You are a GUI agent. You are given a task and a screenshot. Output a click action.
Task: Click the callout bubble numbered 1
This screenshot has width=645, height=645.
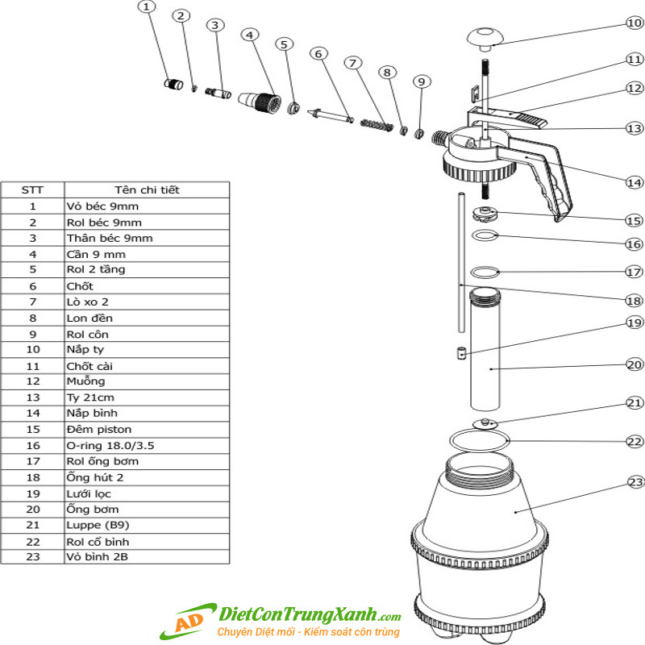(147, 7)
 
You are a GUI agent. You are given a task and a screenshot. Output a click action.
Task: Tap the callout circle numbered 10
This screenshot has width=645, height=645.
(635, 23)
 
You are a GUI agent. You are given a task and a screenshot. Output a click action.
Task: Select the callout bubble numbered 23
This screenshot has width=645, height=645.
(636, 481)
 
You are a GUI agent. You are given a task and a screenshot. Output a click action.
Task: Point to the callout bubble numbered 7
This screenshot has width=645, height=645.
(353, 63)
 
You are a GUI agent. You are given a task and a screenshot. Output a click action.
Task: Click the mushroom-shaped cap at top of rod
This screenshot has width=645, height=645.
(485, 39)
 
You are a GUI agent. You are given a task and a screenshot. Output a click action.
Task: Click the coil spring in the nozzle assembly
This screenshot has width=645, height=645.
(377, 124)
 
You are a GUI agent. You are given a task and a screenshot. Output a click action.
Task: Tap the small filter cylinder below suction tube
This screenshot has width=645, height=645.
(462, 353)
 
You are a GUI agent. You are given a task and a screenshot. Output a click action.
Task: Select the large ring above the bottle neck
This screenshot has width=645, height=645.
(479, 440)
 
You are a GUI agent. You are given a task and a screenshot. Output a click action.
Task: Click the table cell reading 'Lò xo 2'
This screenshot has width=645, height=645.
(88, 302)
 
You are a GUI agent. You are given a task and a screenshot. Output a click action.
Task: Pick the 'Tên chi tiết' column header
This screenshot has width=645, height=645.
(147, 190)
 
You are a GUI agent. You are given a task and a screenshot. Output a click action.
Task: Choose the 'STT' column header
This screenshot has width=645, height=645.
(32, 190)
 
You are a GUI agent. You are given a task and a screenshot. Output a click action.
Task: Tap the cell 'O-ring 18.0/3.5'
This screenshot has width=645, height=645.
(110, 446)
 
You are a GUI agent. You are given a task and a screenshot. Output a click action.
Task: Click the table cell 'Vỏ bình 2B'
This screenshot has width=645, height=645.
(97, 556)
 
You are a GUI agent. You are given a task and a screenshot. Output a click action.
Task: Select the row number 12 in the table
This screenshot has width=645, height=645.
(33, 381)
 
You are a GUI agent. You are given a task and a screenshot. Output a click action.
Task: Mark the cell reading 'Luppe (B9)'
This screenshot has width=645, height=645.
(98, 526)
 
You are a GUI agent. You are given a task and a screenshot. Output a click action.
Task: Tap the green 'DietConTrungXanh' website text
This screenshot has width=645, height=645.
(298, 614)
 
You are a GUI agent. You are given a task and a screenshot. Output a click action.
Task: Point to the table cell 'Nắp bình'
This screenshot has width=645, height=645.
(92, 413)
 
